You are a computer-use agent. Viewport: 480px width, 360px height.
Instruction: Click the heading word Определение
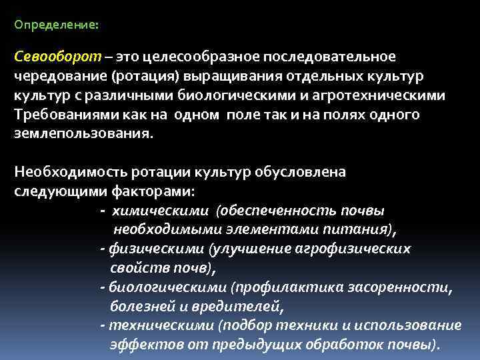55,24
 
